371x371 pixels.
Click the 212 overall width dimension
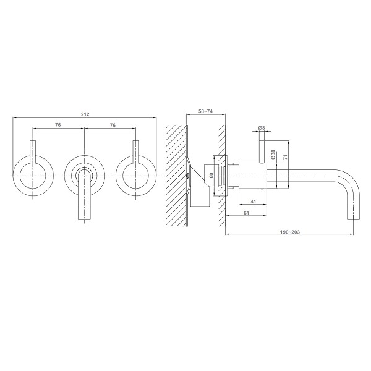coord(85,114)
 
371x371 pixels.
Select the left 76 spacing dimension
coord(58,125)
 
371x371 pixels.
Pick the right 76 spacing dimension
coord(113,125)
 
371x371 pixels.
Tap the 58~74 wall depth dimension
coord(205,111)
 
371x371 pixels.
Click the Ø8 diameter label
coord(262,128)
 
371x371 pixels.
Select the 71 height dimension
coord(286,156)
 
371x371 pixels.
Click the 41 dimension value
coord(253,202)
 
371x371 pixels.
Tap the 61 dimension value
coord(246,213)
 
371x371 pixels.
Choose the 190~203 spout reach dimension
coord(290,232)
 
